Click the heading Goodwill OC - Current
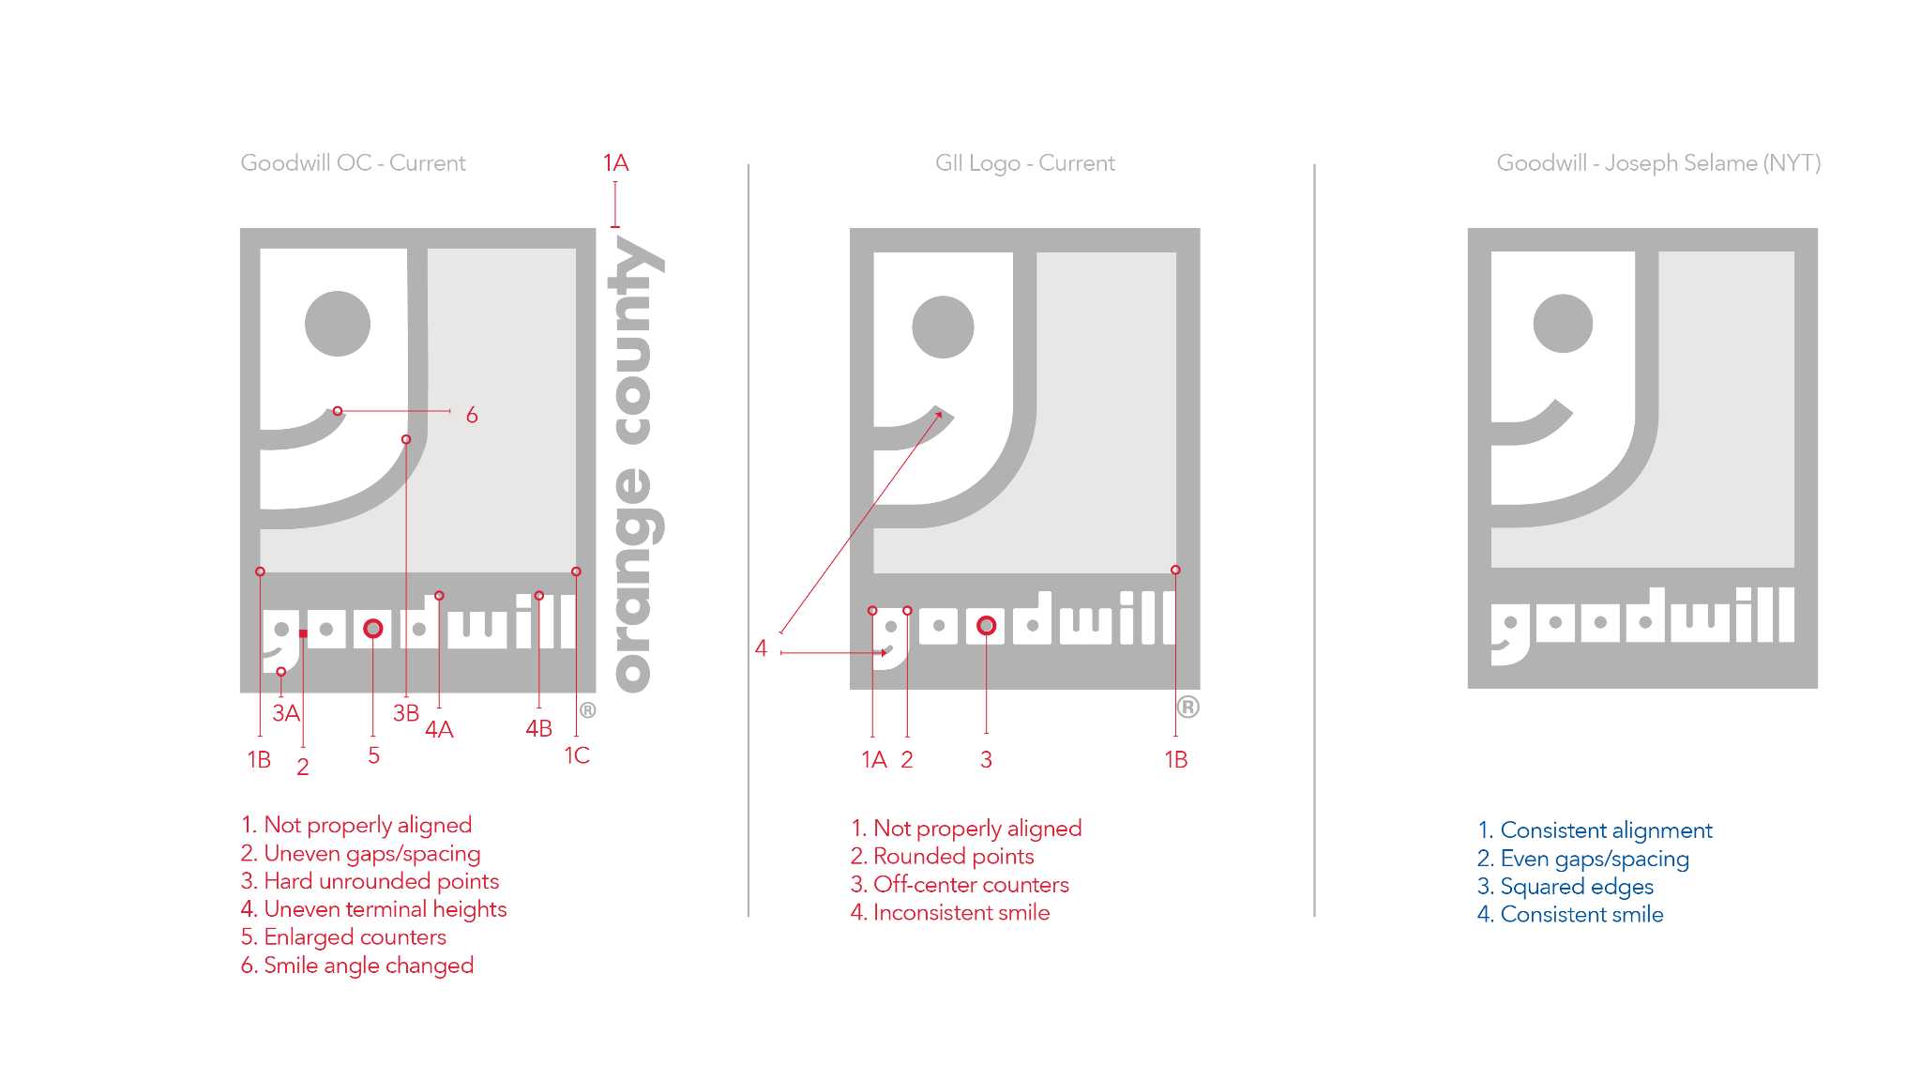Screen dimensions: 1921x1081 353,163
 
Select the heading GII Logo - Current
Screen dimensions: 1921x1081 1025,163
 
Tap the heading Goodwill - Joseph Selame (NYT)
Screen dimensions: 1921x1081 1658,163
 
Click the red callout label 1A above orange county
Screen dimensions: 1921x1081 615,163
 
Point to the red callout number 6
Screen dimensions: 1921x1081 472,415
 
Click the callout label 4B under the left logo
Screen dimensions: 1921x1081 538,728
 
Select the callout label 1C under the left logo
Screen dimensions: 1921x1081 577,755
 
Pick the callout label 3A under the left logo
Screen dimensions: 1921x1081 286,713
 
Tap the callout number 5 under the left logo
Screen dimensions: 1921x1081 373,755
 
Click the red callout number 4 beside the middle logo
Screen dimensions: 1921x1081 761,648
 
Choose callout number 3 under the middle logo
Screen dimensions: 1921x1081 986,759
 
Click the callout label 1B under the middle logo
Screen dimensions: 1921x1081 1175,759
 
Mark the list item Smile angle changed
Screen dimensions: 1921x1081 357,966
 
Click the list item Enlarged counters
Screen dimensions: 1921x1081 343,937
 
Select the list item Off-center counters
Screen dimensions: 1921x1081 960,885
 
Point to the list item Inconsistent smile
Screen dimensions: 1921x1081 950,913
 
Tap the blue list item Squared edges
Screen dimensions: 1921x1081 1566,887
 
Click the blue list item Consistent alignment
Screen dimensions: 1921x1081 1595,830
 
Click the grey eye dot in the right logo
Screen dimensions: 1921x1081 1563,324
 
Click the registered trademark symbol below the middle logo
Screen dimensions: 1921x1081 1187,707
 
